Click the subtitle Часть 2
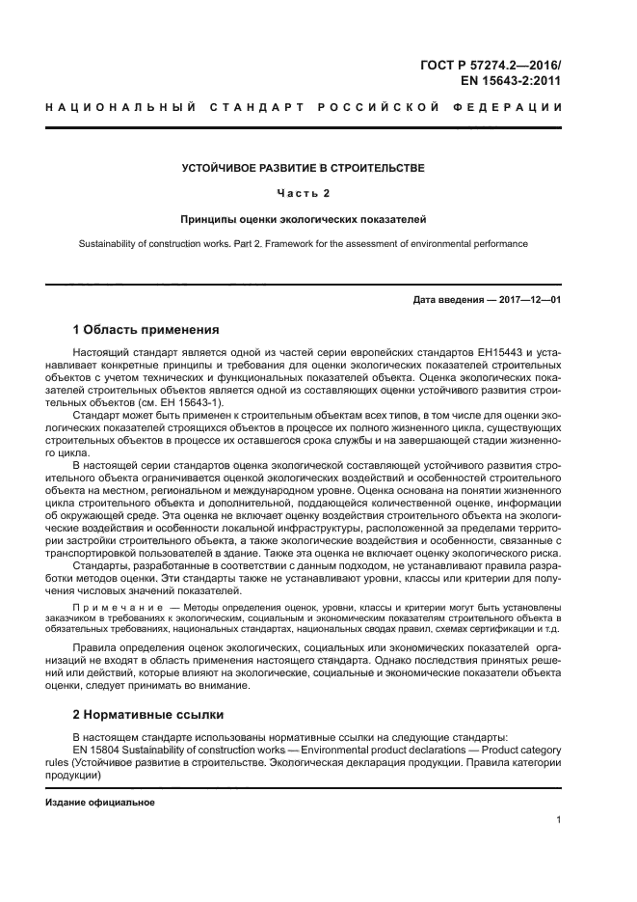(x=304, y=194)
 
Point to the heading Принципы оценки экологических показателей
(x=304, y=219)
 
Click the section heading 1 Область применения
(x=146, y=329)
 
